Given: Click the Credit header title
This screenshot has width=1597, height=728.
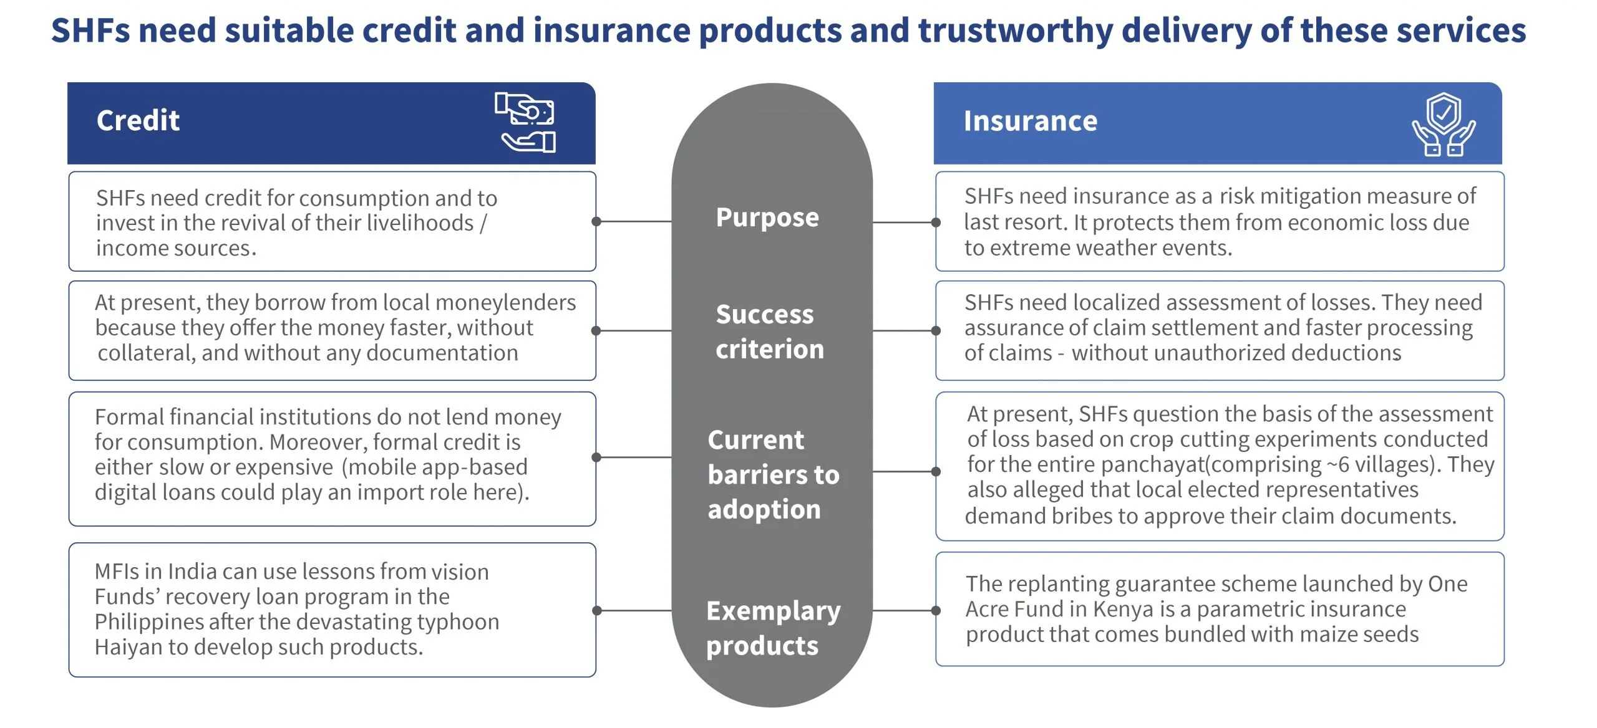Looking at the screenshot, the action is tap(138, 120).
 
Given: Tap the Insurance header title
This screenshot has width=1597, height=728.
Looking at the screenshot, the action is tap(1031, 121).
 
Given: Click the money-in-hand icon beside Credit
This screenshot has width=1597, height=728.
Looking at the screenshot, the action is tap(525, 122).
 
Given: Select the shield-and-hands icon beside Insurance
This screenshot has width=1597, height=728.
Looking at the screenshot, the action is tap(1444, 124).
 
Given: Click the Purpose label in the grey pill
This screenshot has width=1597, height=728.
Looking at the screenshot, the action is tap(767, 218).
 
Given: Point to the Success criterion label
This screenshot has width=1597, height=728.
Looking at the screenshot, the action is tap(770, 332).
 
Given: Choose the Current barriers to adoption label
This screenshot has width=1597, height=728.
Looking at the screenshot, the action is tap(774, 475).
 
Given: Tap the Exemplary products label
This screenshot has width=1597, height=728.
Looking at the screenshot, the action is tap(774, 628).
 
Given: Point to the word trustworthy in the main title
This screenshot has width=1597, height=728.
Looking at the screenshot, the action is tap(1015, 31).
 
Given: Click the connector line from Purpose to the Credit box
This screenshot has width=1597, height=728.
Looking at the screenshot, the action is tap(634, 221).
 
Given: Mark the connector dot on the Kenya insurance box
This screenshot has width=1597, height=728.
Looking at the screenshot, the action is tap(936, 611).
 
